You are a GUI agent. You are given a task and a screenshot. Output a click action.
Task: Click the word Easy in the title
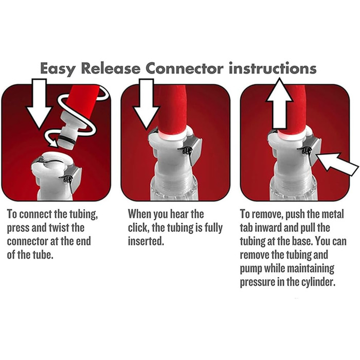[x=57, y=68]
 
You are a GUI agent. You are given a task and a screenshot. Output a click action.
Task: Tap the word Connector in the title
[x=184, y=68]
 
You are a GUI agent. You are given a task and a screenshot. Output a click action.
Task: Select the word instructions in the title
[x=273, y=68]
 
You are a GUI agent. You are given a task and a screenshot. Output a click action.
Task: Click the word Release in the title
[x=111, y=68]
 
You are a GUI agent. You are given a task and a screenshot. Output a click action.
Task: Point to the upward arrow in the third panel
[x=279, y=103]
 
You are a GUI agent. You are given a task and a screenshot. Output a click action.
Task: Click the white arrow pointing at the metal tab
[x=337, y=164]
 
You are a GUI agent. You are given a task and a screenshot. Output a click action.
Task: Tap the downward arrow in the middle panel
[x=146, y=104]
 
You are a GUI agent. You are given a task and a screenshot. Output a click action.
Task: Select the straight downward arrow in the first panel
[x=39, y=104]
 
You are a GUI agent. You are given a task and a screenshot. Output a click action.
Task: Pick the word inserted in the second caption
[x=146, y=241]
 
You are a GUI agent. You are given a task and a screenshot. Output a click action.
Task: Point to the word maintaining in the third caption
[x=311, y=268]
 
